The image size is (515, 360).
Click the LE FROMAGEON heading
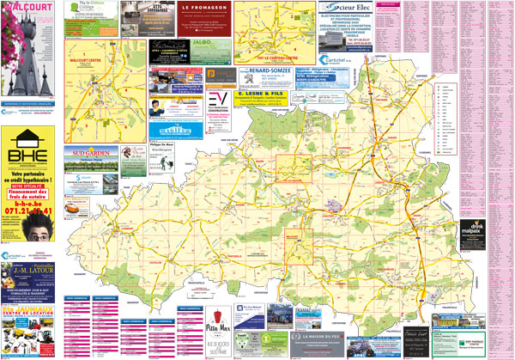[x=203, y=8]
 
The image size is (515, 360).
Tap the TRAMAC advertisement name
[x=310, y=310]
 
